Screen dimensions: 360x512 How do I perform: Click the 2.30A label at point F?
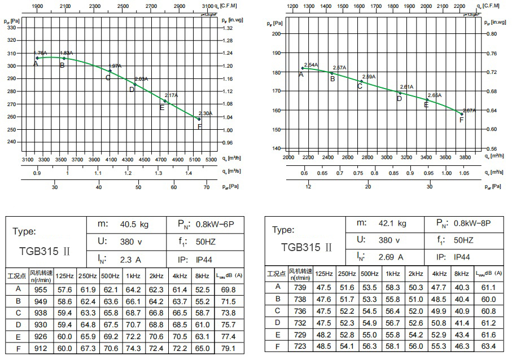point(205,113)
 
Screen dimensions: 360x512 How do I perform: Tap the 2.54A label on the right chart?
point(311,64)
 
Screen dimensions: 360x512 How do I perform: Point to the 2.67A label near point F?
point(469,111)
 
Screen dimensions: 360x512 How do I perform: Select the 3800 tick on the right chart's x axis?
point(465,157)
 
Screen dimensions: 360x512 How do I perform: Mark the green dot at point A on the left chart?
point(37,58)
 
